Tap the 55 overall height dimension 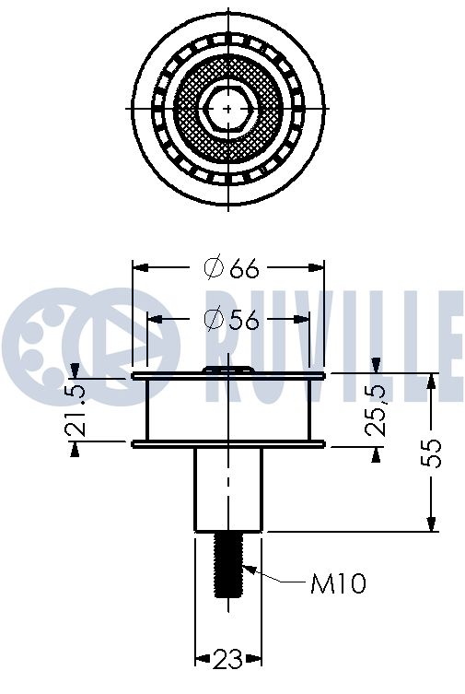click(434, 452)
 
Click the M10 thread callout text click(338, 582)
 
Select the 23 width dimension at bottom click(228, 659)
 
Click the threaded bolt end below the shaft click(228, 564)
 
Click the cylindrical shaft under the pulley click(228, 488)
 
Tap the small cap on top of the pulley click(228, 369)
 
